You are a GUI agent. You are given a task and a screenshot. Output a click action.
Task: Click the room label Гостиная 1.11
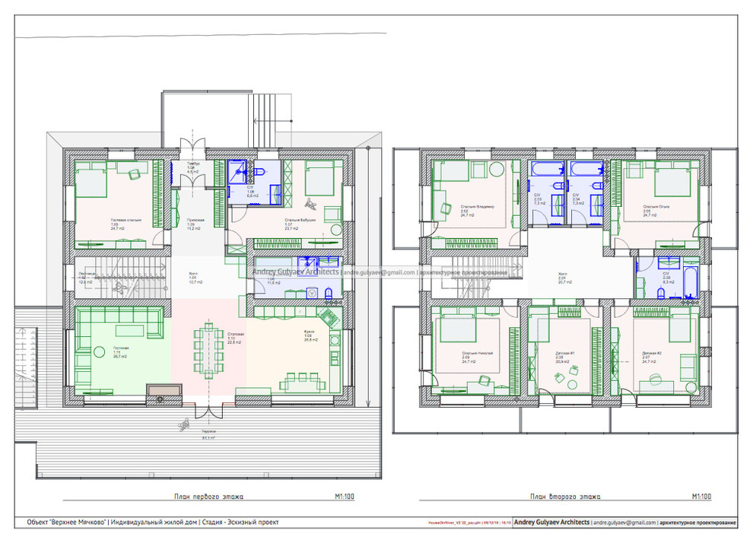point(120,351)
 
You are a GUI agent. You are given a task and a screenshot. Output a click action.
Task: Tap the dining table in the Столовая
point(208,345)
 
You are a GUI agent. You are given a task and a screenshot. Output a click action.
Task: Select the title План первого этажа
point(208,497)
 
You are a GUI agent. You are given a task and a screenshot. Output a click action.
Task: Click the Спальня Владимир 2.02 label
point(478,210)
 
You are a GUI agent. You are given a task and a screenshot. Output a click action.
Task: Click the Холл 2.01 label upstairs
point(563,278)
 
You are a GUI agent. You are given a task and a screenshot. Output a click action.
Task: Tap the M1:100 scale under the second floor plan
point(701,497)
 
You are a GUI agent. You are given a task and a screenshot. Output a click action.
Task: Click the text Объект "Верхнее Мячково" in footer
point(66,522)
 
